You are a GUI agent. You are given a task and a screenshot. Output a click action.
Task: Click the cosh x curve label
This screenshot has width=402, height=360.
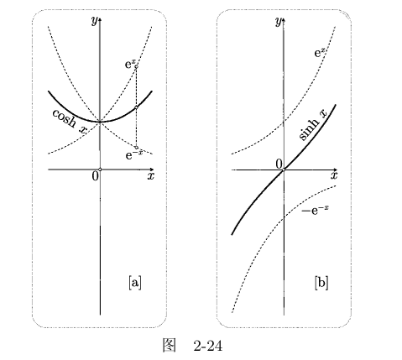(70, 121)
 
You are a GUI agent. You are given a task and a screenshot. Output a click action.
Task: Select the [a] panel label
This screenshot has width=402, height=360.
(135, 283)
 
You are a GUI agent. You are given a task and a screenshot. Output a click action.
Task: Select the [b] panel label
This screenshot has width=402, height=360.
(321, 283)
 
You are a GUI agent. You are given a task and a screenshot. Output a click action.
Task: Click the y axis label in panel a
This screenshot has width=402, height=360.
(96, 20)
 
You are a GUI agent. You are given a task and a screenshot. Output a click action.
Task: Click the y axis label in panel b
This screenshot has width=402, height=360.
(279, 21)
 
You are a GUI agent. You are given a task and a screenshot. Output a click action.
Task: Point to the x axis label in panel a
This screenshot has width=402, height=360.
(151, 176)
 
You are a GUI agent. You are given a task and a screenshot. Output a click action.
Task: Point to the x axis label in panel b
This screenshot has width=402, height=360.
(334, 175)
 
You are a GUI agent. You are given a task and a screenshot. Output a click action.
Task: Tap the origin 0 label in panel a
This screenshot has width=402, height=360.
(96, 176)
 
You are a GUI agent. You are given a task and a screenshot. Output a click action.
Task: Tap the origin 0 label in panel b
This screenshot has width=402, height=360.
(279, 164)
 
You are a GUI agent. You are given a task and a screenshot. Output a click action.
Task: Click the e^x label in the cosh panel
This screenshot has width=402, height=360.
(129, 65)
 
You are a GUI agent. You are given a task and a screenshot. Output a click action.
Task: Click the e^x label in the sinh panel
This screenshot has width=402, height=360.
(320, 52)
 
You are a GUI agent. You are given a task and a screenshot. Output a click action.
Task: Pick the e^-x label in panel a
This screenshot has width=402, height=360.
(133, 154)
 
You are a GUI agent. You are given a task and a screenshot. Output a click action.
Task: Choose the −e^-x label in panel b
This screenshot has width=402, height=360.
(315, 210)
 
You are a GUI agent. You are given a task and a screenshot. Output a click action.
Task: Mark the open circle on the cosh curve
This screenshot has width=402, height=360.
(136, 107)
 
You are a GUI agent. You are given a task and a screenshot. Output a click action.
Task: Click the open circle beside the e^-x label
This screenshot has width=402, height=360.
(136, 148)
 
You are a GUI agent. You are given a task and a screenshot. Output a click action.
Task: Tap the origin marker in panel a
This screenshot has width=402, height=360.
(100, 170)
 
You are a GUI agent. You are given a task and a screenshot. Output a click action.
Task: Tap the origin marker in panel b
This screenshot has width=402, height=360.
(284, 170)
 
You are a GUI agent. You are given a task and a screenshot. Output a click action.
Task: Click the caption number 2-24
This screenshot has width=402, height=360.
(208, 347)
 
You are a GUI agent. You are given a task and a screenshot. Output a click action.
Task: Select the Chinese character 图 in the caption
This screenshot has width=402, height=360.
(170, 346)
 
